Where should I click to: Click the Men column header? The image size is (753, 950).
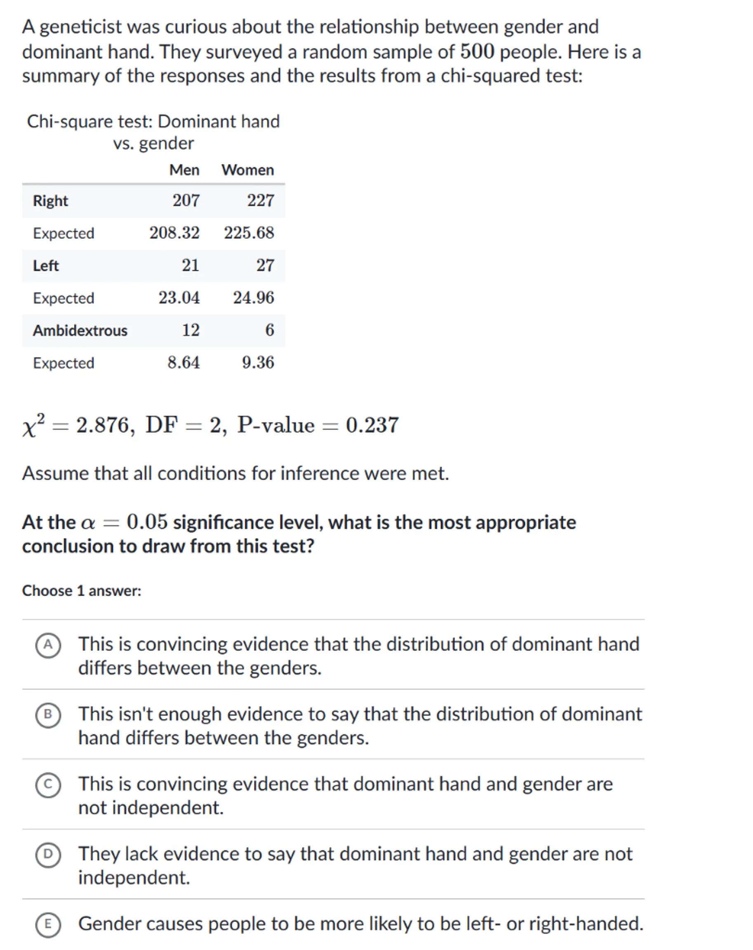[x=184, y=170]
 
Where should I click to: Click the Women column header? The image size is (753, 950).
[x=247, y=170]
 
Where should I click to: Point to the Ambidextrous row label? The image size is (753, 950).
[x=80, y=330]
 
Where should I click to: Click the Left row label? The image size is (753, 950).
[x=46, y=266]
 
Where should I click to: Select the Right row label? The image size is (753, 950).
[x=50, y=201]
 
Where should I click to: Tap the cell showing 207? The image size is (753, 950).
[x=186, y=200]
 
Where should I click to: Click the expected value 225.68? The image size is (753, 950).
[x=249, y=233]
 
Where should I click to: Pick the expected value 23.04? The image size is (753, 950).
[x=179, y=298]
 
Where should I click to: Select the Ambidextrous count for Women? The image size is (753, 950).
[x=269, y=330]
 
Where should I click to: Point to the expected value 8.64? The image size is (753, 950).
[x=183, y=363]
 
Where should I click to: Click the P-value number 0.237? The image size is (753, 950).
[x=372, y=425]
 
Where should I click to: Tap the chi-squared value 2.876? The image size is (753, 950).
[x=102, y=425]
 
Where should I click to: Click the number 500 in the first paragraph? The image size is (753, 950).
[x=477, y=52]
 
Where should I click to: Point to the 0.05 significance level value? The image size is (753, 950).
[x=147, y=522]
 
